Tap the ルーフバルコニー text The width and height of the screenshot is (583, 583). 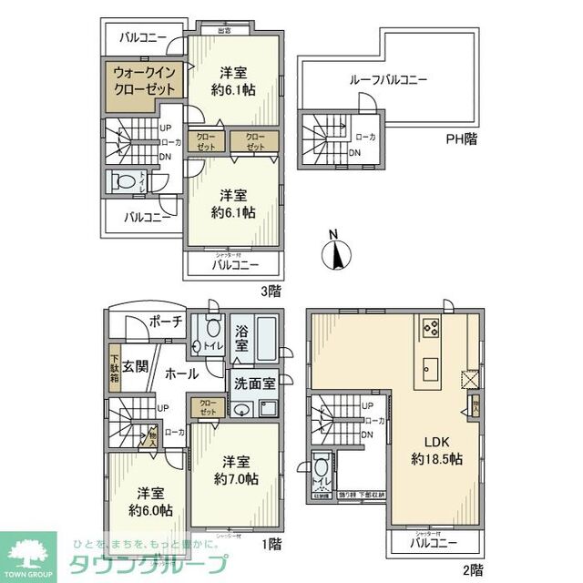pyautogui.click(x=387, y=80)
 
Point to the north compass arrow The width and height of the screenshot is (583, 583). pyautogui.click(x=337, y=251)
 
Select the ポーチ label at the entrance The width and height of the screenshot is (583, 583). pyautogui.click(x=165, y=322)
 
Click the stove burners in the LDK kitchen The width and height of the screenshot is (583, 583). pyautogui.click(x=430, y=330)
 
